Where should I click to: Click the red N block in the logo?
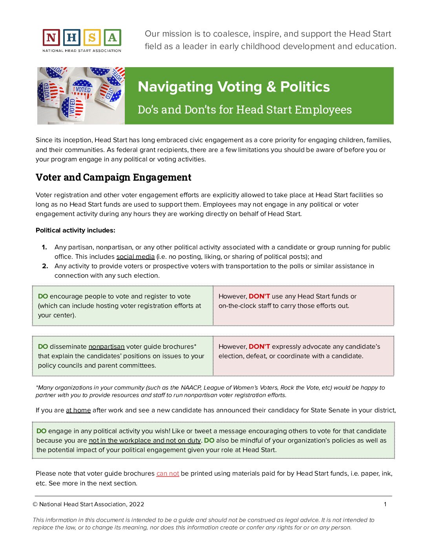point(51,38)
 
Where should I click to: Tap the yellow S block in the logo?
point(92,38)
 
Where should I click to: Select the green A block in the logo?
point(112,38)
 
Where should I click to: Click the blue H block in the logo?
point(71,38)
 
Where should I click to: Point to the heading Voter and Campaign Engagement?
point(113,178)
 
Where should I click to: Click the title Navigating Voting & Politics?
point(234,87)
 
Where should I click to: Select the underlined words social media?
point(135,257)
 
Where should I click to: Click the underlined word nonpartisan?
point(106,347)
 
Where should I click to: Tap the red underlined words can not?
point(168,474)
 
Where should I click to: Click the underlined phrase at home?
point(78,410)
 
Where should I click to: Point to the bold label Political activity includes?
point(75,231)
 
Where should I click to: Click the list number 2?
point(45,266)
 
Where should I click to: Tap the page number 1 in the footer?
point(385,504)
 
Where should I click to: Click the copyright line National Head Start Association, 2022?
point(89,504)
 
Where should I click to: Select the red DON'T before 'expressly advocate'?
point(259,347)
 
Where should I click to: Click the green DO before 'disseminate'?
point(43,347)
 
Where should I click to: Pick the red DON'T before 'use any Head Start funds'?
point(259,297)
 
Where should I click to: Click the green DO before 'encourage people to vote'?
point(43,297)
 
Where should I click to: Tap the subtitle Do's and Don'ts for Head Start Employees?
point(245,110)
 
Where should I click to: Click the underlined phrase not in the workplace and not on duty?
point(145,441)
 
